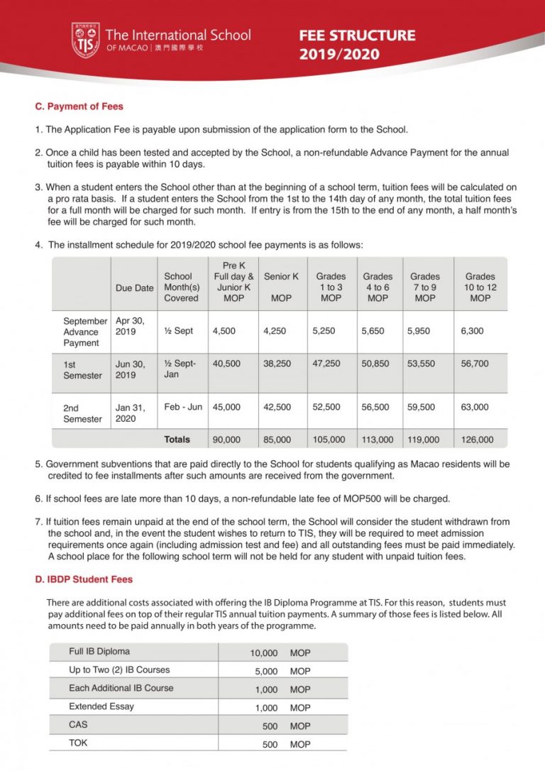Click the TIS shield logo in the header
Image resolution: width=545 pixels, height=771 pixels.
click(85, 40)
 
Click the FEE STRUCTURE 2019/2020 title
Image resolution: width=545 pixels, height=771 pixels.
click(357, 45)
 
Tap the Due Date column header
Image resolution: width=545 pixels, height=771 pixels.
click(134, 288)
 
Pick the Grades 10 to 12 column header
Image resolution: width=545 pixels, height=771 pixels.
click(480, 287)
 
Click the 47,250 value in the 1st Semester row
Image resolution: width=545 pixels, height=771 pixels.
click(326, 363)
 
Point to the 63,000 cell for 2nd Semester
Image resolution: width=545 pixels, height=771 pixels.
click(475, 407)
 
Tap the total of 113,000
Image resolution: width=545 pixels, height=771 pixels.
click(377, 439)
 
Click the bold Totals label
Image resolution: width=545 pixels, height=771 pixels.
click(177, 439)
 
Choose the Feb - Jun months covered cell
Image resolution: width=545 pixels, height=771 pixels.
click(183, 407)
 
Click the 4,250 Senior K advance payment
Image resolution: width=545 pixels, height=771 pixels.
click(275, 330)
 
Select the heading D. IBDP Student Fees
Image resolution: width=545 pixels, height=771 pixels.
click(84, 579)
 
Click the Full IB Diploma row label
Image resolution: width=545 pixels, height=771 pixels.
click(99, 651)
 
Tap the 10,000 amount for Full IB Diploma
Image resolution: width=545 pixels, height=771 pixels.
click(264, 652)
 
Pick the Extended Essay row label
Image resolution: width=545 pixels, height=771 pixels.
click(101, 706)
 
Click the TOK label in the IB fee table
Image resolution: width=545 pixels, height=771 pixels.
click(78, 743)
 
